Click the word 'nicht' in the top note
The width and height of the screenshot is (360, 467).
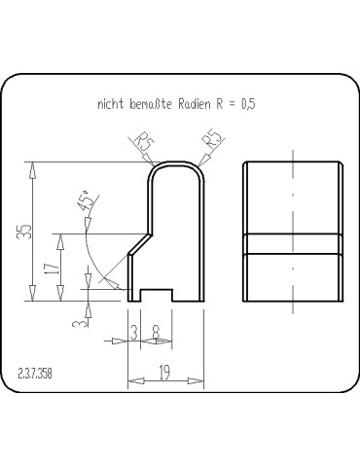coord(110,102)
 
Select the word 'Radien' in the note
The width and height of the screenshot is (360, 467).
coord(192,102)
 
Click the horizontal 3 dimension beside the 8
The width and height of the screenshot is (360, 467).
coord(133,333)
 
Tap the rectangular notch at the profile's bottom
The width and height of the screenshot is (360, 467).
coord(157,294)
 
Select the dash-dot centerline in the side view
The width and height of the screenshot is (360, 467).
coord(292,233)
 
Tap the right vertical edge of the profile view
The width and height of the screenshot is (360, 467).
coord(202,243)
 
